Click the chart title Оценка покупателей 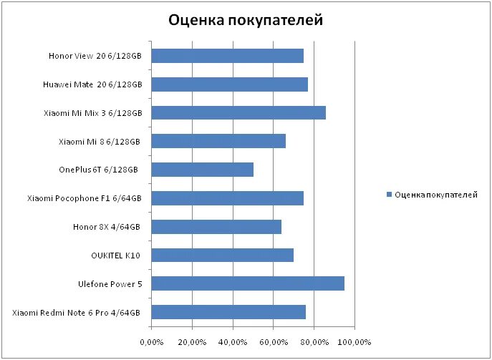coord(246,20)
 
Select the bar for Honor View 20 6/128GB coord(228,56)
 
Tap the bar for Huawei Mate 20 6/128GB coord(230,84)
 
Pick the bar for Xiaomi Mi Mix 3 coord(238,112)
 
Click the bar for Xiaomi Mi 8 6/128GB coord(218,141)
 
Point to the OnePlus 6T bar coord(203,170)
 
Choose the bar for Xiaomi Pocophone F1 coord(228,198)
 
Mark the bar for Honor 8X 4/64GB coord(216,227)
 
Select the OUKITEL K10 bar coord(223,255)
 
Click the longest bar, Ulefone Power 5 coord(248,283)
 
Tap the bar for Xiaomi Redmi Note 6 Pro coord(228,312)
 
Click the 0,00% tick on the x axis coord(152,341)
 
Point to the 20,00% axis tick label coord(192,341)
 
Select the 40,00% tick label coord(233,341)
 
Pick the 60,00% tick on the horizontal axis coord(274,341)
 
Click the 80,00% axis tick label coord(314,341)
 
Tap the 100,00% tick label coord(354,341)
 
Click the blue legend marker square coord(390,195)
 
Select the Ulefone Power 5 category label coord(110,284)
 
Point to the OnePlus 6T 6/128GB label coord(99,170)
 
